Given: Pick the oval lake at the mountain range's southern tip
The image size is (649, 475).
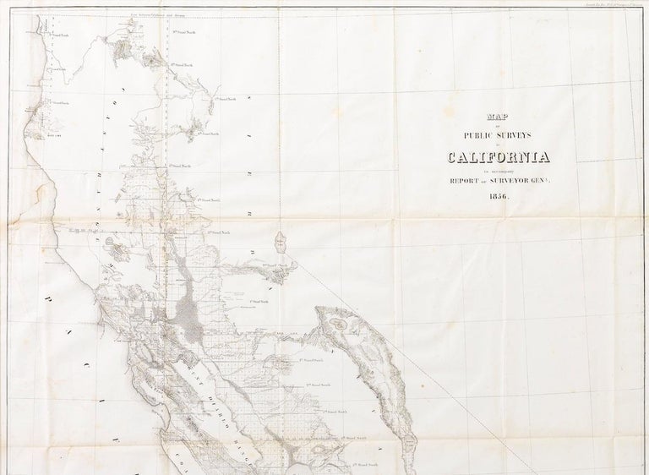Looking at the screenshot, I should point(410,443).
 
